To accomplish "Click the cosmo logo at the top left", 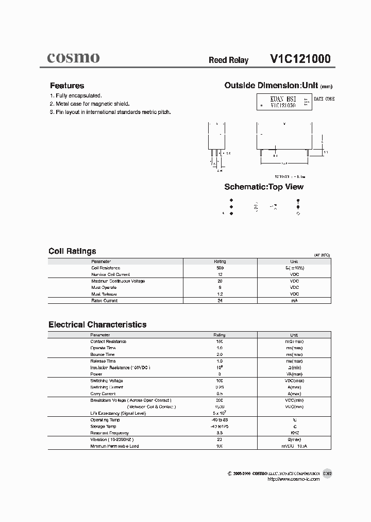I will (73, 58).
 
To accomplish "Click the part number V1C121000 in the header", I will (300, 59).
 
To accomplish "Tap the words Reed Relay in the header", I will (228, 60).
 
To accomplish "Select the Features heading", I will (67, 86).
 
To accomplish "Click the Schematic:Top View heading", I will (264, 187).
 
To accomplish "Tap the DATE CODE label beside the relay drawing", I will (324, 99).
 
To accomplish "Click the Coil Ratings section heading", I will (72, 251).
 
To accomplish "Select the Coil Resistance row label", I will (106, 268).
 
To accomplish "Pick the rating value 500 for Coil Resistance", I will (220, 268).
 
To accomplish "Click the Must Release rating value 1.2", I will (220, 294).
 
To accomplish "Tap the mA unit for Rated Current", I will (294, 301).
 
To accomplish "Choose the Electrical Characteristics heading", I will (97, 324).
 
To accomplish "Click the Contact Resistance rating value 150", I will (220, 341).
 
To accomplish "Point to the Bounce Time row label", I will (103, 354).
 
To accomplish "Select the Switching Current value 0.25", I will (220, 387).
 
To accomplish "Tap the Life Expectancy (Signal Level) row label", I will (119, 413).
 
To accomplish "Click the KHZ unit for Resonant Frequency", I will (294, 433).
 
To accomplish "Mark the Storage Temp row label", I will (104, 427).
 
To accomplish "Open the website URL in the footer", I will (294, 479).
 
